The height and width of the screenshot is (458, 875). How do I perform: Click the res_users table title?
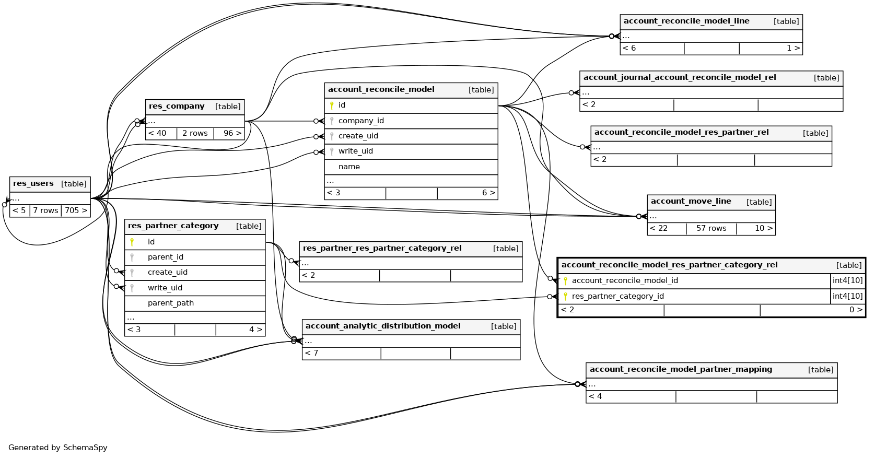click(33, 184)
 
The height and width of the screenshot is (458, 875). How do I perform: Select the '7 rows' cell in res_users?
click(45, 210)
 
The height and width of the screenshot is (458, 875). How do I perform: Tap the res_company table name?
click(177, 107)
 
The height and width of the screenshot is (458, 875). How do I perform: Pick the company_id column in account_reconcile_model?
click(361, 121)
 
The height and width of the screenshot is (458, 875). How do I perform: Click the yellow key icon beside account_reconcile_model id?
click(332, 105)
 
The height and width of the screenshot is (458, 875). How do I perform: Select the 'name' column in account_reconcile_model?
click(349, 167)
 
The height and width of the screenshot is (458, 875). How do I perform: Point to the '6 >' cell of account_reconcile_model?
click(488, 193)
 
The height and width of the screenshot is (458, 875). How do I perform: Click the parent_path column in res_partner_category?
click(171, 303)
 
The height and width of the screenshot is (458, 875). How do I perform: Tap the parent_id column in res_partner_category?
click(166, 257)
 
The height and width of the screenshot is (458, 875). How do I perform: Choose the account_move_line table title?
click(691, 202)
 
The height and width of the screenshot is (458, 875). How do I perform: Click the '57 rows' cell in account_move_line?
click(711, 228)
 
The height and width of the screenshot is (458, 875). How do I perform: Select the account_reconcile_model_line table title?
click(686, 21)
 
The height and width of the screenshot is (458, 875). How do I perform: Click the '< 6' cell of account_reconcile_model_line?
click(629, 48)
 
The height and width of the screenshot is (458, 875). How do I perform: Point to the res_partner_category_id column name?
click(617, 296)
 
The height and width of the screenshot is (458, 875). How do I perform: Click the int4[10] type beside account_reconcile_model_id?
click(847, 280)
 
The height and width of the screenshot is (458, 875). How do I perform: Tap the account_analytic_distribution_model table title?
click(383, 326)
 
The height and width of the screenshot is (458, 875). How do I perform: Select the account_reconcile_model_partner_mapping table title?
click(681, 370)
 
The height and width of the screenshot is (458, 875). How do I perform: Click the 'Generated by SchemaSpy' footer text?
click(58, 448)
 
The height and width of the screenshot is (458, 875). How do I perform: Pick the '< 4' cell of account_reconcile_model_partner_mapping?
click(596, 396)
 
